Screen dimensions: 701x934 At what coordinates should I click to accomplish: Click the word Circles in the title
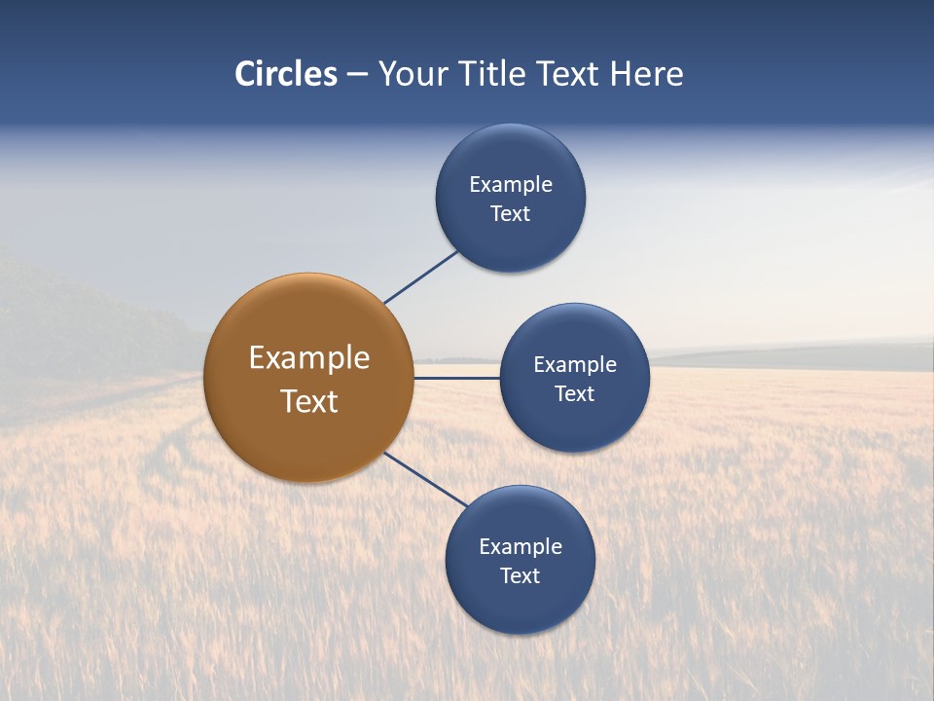pos(286,74)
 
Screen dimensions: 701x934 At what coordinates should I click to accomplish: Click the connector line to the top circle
pos(420,277)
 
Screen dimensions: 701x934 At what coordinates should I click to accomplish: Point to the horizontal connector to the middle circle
pos(456,378)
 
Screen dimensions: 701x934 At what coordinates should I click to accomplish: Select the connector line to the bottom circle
pos(425,478)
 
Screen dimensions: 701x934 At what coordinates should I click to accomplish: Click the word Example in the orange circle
pos(309,358)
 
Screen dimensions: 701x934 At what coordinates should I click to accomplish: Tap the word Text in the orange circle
pos(309,401)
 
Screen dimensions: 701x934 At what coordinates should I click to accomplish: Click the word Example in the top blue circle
pos(511,185)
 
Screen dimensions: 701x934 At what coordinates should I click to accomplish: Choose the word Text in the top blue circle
pos(510,214)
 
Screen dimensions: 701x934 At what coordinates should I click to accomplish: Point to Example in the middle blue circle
pos(575,365)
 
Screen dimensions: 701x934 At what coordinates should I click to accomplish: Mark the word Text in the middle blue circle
pos(574,394)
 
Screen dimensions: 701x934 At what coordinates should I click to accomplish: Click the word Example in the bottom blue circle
pos(521,547)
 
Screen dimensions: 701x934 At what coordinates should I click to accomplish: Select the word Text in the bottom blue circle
pos(520,576)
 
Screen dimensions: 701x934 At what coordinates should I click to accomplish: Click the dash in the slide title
pos(357,75)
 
